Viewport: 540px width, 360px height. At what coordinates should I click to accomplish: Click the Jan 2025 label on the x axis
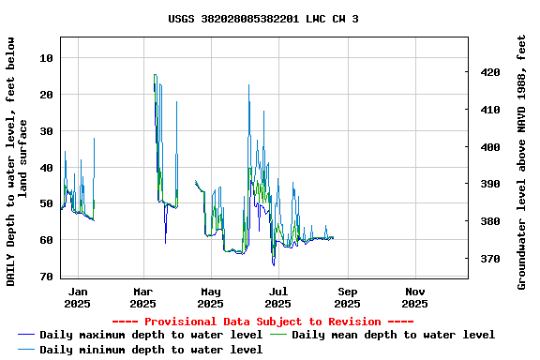78,297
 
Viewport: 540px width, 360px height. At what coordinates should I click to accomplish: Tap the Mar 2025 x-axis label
142,297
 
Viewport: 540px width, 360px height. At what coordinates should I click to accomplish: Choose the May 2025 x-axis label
211,297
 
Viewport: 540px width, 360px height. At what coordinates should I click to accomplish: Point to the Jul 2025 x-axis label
278,297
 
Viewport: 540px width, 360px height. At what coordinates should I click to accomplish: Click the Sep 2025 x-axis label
347,297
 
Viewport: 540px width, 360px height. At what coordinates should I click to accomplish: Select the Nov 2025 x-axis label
415,297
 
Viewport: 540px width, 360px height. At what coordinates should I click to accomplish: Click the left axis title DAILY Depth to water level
17,161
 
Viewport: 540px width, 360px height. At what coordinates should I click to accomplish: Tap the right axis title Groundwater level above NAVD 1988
522,161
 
